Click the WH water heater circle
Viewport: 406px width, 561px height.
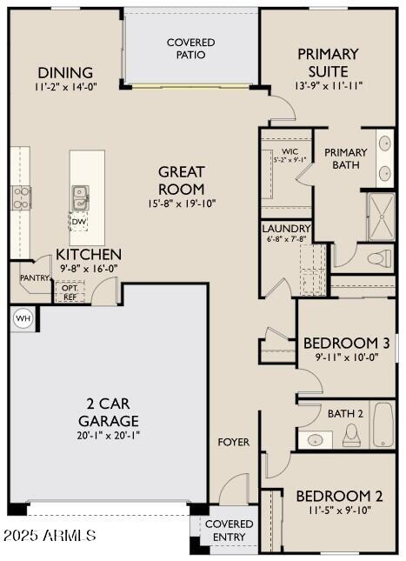pyautogui.click(x=23, y=318)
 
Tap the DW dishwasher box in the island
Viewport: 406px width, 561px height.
pyautogui.click(x=79, y=221)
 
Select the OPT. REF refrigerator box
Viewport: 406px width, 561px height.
pyautogui.click(x=70, y=291)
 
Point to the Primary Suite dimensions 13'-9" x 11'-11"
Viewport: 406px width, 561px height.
pyautogui.click(x=328, y=86)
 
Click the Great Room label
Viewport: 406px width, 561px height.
pyautogui.click(x=181, y=180)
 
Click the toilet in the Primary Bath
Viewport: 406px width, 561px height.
pyautogui.click(x=380, y=257)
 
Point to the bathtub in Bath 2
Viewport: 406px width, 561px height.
pyautogui.click(x=383, y=425)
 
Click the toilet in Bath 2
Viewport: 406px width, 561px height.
pyautogui.click(x=351, y=435)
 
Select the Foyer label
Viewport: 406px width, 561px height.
pyautogui.click(x=233, y=442)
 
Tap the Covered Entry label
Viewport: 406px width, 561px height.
pyautogui.click(x=230, y=531)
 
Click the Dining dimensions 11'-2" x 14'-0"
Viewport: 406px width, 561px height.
pyautogui.click(x=67, y=87)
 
